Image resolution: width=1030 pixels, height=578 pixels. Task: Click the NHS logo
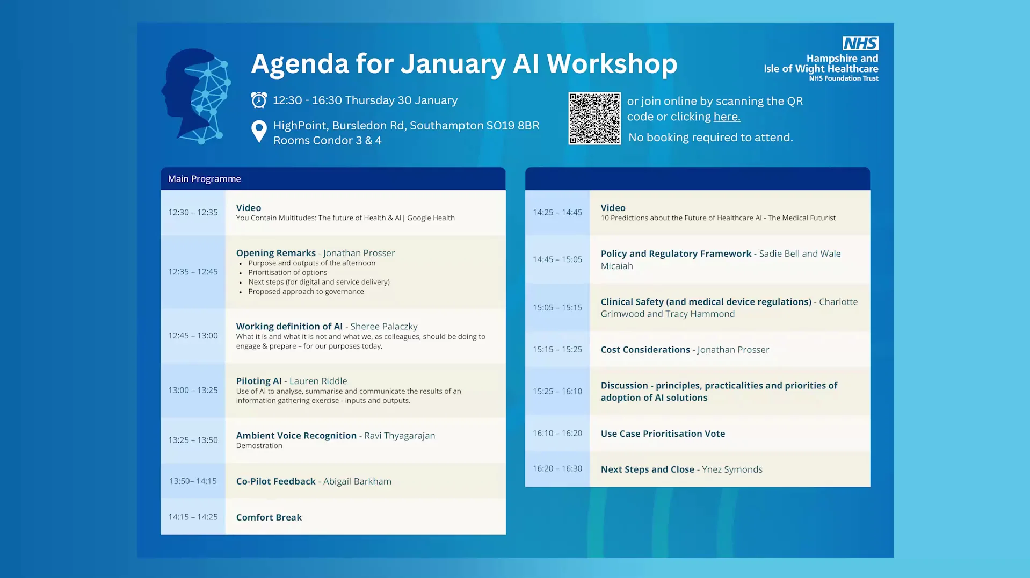860,43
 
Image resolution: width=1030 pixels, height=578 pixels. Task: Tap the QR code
594,118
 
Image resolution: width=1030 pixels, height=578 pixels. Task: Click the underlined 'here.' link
727,117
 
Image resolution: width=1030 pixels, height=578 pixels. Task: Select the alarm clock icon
259,100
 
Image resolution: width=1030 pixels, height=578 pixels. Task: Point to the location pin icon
259,131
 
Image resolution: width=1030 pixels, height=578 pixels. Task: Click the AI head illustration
197,97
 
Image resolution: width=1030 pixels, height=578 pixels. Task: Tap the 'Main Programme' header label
204,179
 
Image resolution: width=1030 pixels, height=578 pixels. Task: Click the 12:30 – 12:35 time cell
193,213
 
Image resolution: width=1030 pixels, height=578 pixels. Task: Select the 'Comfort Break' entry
269,517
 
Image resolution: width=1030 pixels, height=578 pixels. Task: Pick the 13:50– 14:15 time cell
193,481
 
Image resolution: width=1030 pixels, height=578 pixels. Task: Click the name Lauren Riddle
318,381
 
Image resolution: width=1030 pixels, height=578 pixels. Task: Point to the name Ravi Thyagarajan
400,436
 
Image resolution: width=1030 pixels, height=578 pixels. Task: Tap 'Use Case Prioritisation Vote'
663,433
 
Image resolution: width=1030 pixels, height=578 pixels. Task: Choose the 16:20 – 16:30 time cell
557,469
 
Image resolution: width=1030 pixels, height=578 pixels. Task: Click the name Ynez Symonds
732,469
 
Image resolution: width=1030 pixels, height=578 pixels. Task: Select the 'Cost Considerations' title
645,350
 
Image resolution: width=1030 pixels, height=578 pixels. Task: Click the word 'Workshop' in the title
612,64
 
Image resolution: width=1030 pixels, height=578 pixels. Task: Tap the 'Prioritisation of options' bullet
287,272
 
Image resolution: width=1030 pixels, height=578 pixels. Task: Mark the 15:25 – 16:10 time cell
557,392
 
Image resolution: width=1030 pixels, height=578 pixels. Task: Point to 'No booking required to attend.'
710,138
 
